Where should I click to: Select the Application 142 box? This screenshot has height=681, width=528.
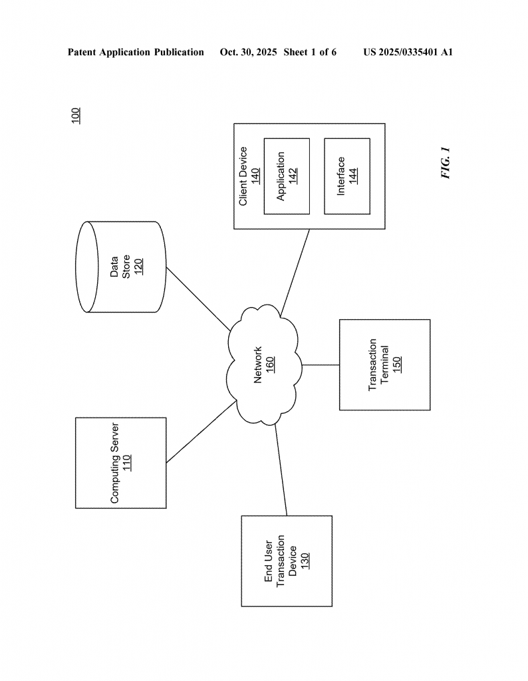(287, 176)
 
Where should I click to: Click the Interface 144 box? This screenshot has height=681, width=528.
(346, 176)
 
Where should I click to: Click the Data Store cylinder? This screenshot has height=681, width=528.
(120, 267)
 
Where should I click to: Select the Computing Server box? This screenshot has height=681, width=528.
(120, 463)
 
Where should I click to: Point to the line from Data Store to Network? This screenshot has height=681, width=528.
(198, 298)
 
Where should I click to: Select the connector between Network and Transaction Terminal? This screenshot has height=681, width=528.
(321, 364)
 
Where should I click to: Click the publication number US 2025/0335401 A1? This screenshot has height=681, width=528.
(408, 52)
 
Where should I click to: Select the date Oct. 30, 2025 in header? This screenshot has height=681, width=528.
(248, 52)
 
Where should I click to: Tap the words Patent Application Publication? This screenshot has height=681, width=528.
(136, 52)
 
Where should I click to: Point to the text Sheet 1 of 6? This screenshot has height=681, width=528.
(309, 52)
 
